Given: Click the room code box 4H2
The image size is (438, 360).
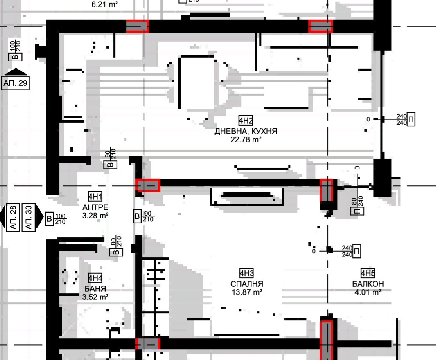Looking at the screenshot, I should pyautogui.click(x=246, y=120).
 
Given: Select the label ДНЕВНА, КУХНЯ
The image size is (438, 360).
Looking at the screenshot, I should pyautogui.click(x=246, y=131).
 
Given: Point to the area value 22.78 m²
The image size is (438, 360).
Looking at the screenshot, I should pyautogui.click(x=246, y=139).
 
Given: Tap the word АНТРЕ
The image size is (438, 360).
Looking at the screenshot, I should pyautogui.click(x=95, y=207).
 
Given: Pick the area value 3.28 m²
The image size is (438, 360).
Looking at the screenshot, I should pyautogui.click(x=95, y=215).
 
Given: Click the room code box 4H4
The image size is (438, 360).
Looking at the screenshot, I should pyautogui.click(x=95, y=279).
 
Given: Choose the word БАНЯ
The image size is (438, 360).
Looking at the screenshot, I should pyautogui.click(x=95, y=289).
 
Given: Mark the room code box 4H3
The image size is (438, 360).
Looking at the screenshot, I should pyautogui.click(x=246, y=273).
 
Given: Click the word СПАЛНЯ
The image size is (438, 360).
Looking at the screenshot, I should pyautogui.click(x=246, y=284).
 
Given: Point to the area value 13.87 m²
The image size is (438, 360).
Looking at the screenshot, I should pyautogui.click(x=246, y=292).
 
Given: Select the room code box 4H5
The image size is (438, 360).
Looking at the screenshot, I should pyautogui.click(x=368, y=273).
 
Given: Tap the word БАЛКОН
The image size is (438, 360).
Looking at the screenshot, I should pyautogui.click(x=368, y=284).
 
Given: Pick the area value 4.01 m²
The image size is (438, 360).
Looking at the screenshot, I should pyautogui.click(x=368, y=292).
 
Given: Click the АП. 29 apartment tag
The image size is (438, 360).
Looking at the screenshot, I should pyautogui.click(x=15, y=83).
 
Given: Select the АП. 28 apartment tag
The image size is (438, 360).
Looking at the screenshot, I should pyautogui.click(x=14, y=217).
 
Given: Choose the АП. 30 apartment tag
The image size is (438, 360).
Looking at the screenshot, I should pyautogui.click(x=29, y=217).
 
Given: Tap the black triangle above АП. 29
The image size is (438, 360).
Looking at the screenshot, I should pyautogui.click(x=15, y=72).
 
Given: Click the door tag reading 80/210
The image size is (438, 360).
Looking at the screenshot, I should pyautogui.click(x=116, y=247).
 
